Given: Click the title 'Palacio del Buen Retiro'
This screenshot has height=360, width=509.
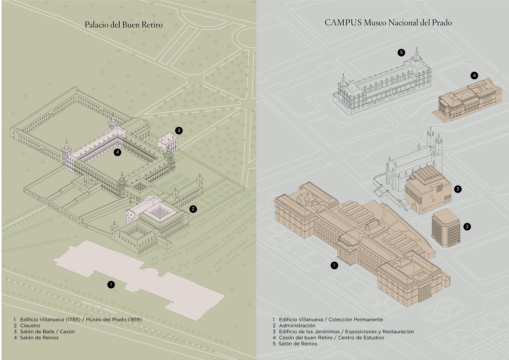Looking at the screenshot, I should [x=124, y=25].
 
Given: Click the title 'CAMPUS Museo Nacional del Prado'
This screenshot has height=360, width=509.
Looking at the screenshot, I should [x=388, y=23].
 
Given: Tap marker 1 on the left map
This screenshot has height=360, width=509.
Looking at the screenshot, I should [x=111, y=285].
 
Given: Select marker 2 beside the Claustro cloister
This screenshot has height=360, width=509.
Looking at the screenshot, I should [x=193, y=209].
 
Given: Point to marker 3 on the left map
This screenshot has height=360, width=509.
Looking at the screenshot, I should [x=178, y=130].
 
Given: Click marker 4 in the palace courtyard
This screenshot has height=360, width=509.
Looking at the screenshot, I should [x=117, y=152].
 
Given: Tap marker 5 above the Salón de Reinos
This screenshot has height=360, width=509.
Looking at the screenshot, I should [x=401, y=53].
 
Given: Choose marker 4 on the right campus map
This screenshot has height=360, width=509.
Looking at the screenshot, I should [x=474, y=75].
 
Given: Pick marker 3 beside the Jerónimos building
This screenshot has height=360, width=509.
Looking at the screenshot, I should [x=458, y=189].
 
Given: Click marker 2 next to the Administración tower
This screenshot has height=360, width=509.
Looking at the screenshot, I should [x=467, y=226].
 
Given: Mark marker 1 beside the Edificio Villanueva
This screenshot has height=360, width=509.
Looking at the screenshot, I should [x=335, y=265].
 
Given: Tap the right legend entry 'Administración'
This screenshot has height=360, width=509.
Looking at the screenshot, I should [x=297, y=326].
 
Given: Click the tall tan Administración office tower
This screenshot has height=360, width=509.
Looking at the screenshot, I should [x=445, y=228].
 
